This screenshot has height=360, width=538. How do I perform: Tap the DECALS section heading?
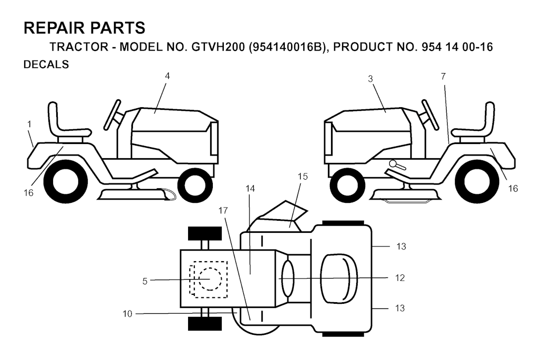[x=46, y=65]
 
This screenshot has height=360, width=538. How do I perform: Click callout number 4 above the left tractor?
[x=168, y=76]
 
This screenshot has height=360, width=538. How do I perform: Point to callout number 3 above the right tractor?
[x=370, y=79]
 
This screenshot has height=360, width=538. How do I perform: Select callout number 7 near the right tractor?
[x=443, y=77]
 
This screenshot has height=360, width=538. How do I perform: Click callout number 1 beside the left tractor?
[x=29, y=124]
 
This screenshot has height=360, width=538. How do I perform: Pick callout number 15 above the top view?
[x=303, y=177]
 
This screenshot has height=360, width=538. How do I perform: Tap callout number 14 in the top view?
[x=251, y=188]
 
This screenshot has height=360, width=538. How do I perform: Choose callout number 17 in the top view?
[x=223, y=210]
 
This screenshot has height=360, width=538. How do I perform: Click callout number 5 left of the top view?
[x=145, y=281]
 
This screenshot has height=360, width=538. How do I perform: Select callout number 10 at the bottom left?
[x=127, y=314]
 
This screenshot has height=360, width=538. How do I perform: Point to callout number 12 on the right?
[x=400, y=277]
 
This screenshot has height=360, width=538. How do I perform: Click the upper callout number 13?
[x=401, y=246]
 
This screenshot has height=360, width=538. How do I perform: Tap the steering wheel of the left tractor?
[x=112, y=112]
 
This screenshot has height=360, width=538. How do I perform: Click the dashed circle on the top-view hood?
[x=210, y=279]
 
